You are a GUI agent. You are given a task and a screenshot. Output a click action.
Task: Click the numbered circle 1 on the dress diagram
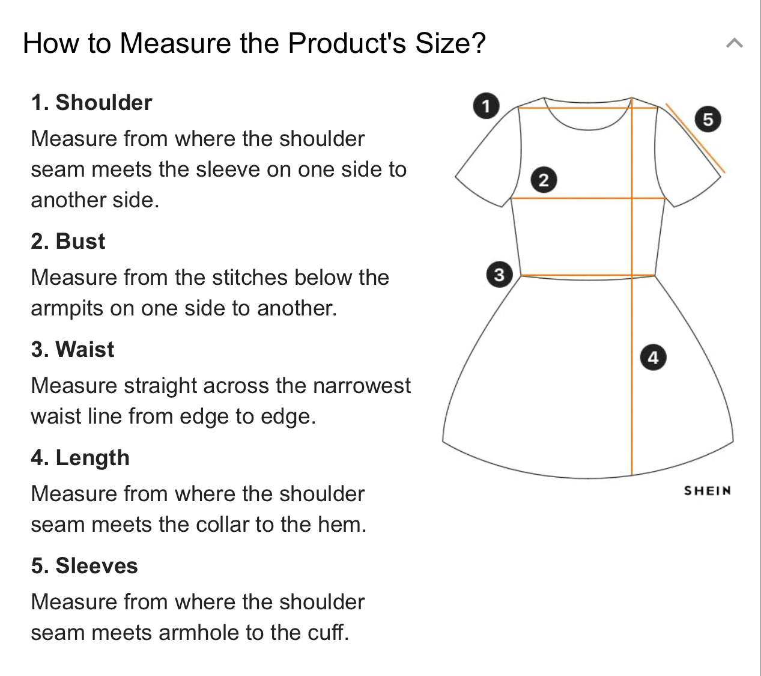(x=486, y=106)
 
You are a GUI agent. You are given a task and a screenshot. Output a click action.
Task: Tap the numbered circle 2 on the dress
(x=544, y=180)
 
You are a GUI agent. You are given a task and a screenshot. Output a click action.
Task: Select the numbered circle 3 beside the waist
(x=499, y=275)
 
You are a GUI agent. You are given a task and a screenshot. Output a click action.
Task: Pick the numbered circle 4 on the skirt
(x=653, y=358)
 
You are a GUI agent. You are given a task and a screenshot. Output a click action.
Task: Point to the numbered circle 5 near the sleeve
(x=708, y=120)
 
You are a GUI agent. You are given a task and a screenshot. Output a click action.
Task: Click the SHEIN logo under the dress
(x=708, y=491)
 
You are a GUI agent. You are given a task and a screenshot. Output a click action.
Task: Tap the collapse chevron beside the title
(x=735, y=43)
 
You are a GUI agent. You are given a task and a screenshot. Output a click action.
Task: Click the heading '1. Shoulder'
(x=92, y=102)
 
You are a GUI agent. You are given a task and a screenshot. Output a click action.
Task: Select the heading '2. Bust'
(x=68, y=241)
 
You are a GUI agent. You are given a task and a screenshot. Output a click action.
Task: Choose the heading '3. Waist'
(x=73, y=349)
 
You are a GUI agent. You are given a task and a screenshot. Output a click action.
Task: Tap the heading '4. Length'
(x=80, y=458)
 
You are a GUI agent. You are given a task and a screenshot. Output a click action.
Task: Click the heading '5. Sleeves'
(x=85, y=565)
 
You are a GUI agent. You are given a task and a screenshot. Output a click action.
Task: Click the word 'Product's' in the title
(x=347, y=43)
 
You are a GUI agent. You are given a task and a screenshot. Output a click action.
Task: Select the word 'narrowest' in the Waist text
(x=362, y=386)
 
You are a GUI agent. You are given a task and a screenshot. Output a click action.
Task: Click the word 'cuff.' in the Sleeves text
(x=329, y=632)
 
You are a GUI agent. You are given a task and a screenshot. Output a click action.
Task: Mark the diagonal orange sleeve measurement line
(x=696, y=138)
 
